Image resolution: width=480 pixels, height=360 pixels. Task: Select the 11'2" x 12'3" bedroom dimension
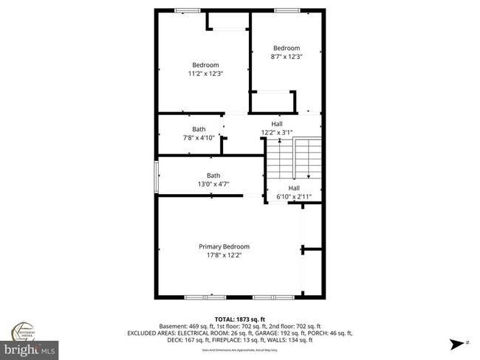[206, 73]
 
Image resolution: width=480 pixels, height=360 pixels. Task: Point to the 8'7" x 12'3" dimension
[287, 56]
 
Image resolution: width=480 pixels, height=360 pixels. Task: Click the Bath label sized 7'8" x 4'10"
[199, 129]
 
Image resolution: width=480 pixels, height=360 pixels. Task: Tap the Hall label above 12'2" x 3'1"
[277, 124]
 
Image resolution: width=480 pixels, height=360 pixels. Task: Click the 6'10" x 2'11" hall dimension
[293, 196]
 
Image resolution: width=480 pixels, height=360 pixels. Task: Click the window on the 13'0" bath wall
[156, 178]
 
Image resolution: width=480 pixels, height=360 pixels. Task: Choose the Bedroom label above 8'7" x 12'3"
[287, 48]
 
